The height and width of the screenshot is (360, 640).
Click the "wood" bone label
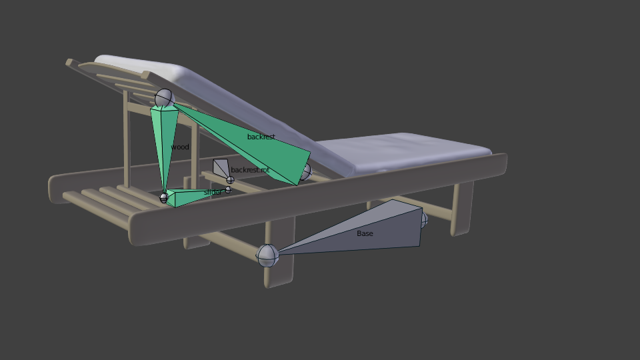coord(180,147)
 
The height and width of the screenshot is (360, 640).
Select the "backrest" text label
coord(261,137)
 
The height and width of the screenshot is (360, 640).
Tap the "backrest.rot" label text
coord(250,170)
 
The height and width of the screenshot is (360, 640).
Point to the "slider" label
coord(213,192)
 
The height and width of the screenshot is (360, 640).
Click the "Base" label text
coord(365,233)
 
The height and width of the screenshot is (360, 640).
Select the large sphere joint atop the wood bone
coord(165,99)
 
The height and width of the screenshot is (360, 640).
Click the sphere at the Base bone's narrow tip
coord(267,255)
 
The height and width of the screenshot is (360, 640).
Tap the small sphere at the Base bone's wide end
coord(423,219)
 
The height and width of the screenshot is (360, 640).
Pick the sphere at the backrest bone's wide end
coord(305,171)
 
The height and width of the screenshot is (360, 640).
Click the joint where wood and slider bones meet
coord(164,197)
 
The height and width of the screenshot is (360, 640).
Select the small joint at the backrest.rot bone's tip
coord(230,180)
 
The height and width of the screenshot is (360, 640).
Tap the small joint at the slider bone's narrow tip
coord(228,190)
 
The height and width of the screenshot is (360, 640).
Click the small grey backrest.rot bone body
coord(221,167)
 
